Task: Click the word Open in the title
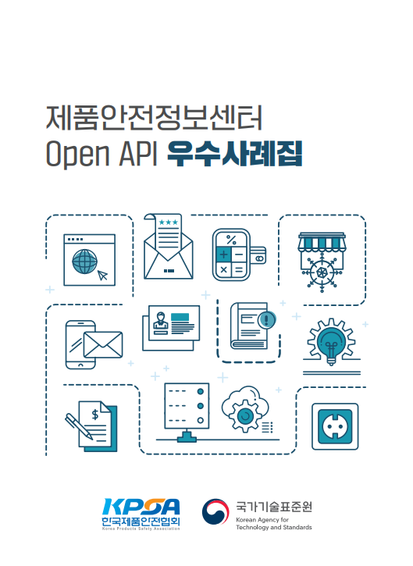click(x=77, y=154)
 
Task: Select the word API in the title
click(x=138, y=153)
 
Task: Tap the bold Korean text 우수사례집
click(x=234, y=154)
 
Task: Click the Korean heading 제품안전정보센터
click(x=154, y=117)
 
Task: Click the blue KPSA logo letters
click(x=141, y=507)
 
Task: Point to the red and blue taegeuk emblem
click(x=215, y=512)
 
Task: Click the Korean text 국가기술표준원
click(x=274, y=507)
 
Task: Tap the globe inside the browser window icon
click(x=84, y=262)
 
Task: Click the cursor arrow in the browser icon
click(x=103, y=275)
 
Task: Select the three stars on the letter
click(x=168, y=222)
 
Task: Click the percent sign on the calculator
click(x=231, y=240)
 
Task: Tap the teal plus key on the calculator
click(x=223, y=255)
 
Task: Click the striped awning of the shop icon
click(x=322, y=242)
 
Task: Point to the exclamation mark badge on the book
click(x=267, y=319)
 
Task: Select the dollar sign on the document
click(x=95, y=415)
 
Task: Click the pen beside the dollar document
click(x=79, y=426)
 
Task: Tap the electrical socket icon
click(x=335, y=427)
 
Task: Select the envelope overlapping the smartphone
click(x=103, y=345)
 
